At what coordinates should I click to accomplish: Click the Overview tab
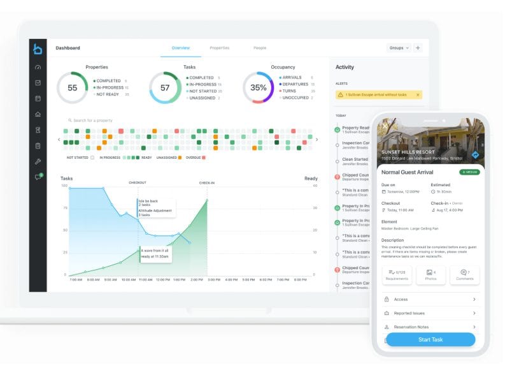[181, 48]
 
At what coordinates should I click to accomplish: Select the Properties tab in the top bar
[220, 48]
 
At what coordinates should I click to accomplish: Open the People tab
[260, 48]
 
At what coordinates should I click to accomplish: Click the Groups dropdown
[399, 48]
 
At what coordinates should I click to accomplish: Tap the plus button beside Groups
[418, 48]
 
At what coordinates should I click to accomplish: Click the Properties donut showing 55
[72, 88]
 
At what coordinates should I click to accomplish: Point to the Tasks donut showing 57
[164, 88]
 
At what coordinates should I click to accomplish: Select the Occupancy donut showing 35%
[258, 88]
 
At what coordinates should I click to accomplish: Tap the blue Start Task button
[430, 339]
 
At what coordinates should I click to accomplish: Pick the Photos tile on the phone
[430, 275]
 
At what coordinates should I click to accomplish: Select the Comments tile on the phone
[464, 275]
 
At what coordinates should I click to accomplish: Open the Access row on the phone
[430, 299]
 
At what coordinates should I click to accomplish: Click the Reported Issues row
[430, 313]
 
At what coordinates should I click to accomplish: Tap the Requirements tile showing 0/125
[397, 275]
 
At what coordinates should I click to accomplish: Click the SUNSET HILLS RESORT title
[408, 152]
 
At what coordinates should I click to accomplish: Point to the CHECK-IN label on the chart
[207, 183]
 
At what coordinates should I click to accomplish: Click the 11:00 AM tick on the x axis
[145, 279]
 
